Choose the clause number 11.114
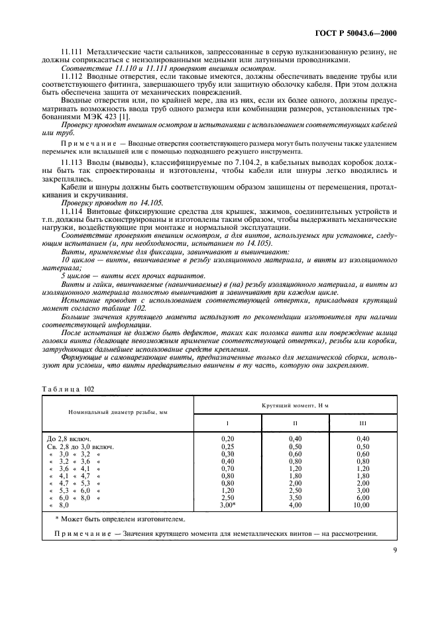72,210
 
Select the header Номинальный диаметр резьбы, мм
117,411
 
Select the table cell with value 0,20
227,439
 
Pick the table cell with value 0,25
227,446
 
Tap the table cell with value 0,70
227,468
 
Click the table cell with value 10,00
362,505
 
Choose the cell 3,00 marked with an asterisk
228,505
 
